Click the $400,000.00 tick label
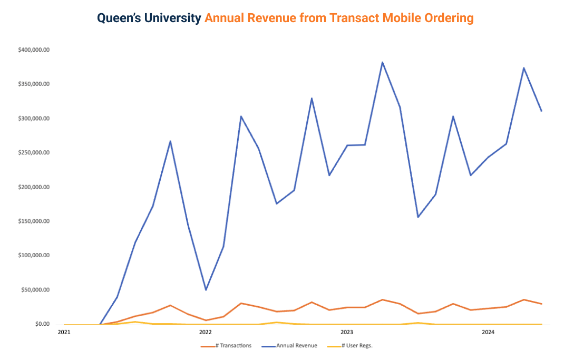pos(34,50)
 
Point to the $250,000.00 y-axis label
pos(34,153)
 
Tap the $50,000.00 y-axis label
pos(35,290)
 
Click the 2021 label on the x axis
pos(64,332)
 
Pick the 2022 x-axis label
pos(205,332)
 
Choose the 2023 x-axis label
pos(347,332)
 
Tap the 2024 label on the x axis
pos(488,332)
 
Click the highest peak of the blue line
pos(382,62)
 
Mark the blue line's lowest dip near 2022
pos(206,290)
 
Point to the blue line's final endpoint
pos(541,111)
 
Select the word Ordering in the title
pos(449,18)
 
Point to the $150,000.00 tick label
pos(34,221)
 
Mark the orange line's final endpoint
pos(541,304)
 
